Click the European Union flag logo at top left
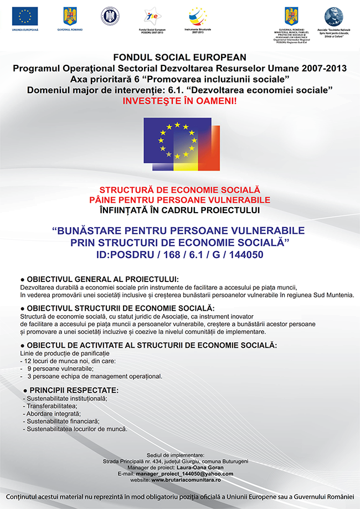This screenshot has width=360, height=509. tap(24, 17)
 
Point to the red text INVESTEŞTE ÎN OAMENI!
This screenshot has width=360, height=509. tap(179, 102)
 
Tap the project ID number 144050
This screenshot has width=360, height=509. tap(243, 255)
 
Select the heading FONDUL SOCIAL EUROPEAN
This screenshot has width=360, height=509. tap(180, 57)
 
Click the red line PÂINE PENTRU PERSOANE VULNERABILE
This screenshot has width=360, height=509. tap(180, 199)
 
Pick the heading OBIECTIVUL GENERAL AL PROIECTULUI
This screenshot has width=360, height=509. tap(103, 279)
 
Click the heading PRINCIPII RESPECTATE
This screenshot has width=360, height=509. tap(74, 390)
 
